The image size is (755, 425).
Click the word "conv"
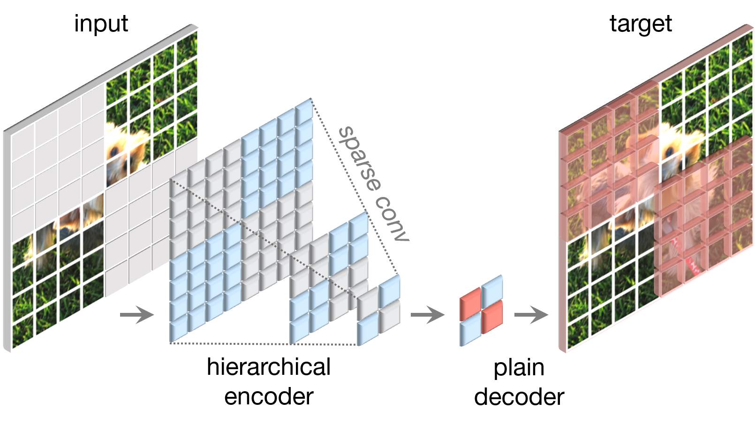pos(393,219)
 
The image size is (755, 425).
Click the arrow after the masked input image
pos(137,314)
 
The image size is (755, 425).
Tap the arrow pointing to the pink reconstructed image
pos(531,314)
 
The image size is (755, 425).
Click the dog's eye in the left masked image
pos(114,152)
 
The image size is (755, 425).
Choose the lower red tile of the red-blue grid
pos(492,316)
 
